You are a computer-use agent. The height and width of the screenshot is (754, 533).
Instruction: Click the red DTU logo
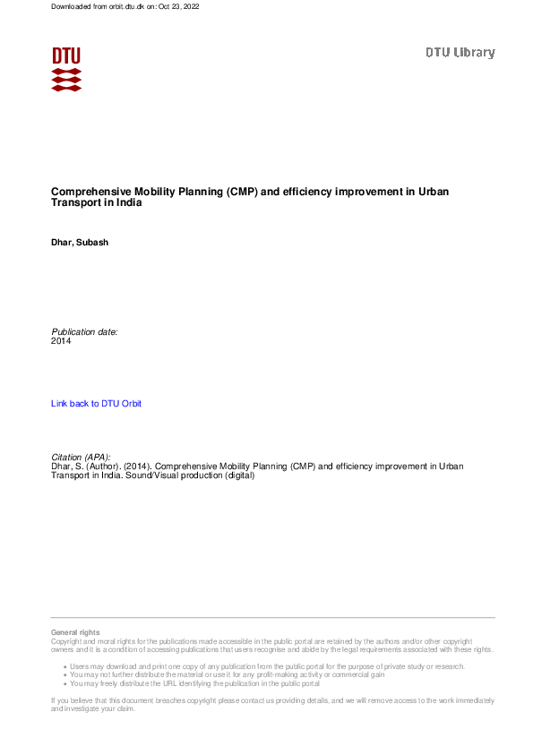(66, 69)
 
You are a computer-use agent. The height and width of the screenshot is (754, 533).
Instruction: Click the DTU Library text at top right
(460, 53)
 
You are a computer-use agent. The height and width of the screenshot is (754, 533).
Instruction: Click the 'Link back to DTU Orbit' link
(97, 404)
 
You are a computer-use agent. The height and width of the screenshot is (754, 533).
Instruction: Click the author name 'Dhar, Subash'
(80, 243)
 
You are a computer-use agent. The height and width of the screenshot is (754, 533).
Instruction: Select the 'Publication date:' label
(84, 331)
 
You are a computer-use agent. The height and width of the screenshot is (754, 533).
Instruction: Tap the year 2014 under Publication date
(61, 341)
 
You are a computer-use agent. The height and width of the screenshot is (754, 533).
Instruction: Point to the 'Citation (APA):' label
(81, 457)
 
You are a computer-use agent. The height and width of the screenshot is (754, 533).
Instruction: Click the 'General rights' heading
(75, 632)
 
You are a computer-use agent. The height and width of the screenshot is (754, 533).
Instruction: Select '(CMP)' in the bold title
(241, 191)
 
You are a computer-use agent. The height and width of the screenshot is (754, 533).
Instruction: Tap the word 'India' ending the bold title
(129, 202)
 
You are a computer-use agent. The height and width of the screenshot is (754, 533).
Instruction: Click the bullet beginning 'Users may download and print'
(266, 666)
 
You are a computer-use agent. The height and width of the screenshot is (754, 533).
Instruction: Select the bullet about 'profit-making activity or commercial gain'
(227, 674)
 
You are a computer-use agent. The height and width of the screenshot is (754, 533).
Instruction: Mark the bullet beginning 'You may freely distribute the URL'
(194, 683)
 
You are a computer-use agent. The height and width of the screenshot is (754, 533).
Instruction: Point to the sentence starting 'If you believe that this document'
(269, 700)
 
